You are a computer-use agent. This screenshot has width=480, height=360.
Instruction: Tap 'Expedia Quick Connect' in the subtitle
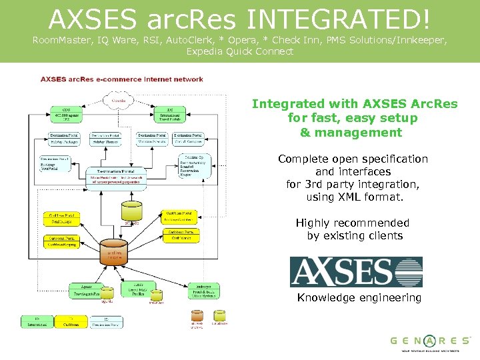pos(239,51)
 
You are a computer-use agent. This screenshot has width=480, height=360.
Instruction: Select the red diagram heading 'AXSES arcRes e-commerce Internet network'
pos(122,79)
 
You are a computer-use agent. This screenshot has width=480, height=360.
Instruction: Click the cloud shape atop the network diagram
pos(121,101)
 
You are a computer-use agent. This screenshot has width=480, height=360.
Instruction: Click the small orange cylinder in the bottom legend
pos(197,315)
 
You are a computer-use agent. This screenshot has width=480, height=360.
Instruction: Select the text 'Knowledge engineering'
pos(359,298)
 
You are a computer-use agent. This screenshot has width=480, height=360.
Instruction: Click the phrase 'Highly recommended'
pos(352,223)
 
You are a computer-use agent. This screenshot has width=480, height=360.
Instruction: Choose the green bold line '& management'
pos(351,132)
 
